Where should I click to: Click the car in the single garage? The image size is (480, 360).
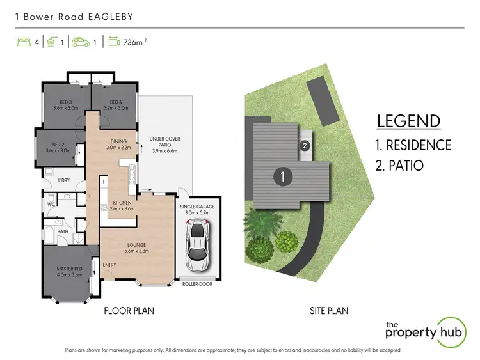tap(198, 246)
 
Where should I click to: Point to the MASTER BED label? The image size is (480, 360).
tap(69, 272)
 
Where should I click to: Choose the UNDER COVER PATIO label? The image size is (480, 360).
tap(164, 142)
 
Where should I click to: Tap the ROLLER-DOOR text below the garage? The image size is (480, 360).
tap(197, 283)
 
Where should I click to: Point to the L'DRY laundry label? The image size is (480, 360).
tap(64, 180)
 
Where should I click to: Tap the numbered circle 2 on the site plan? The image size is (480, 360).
tap(305, 146)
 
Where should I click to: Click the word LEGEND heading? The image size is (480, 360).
tap(408, 121)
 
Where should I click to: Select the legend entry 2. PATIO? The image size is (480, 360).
tap(400, 165)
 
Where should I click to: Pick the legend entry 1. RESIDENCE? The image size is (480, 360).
tap(413, 145)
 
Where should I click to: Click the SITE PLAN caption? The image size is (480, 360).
tap(328, 311)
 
